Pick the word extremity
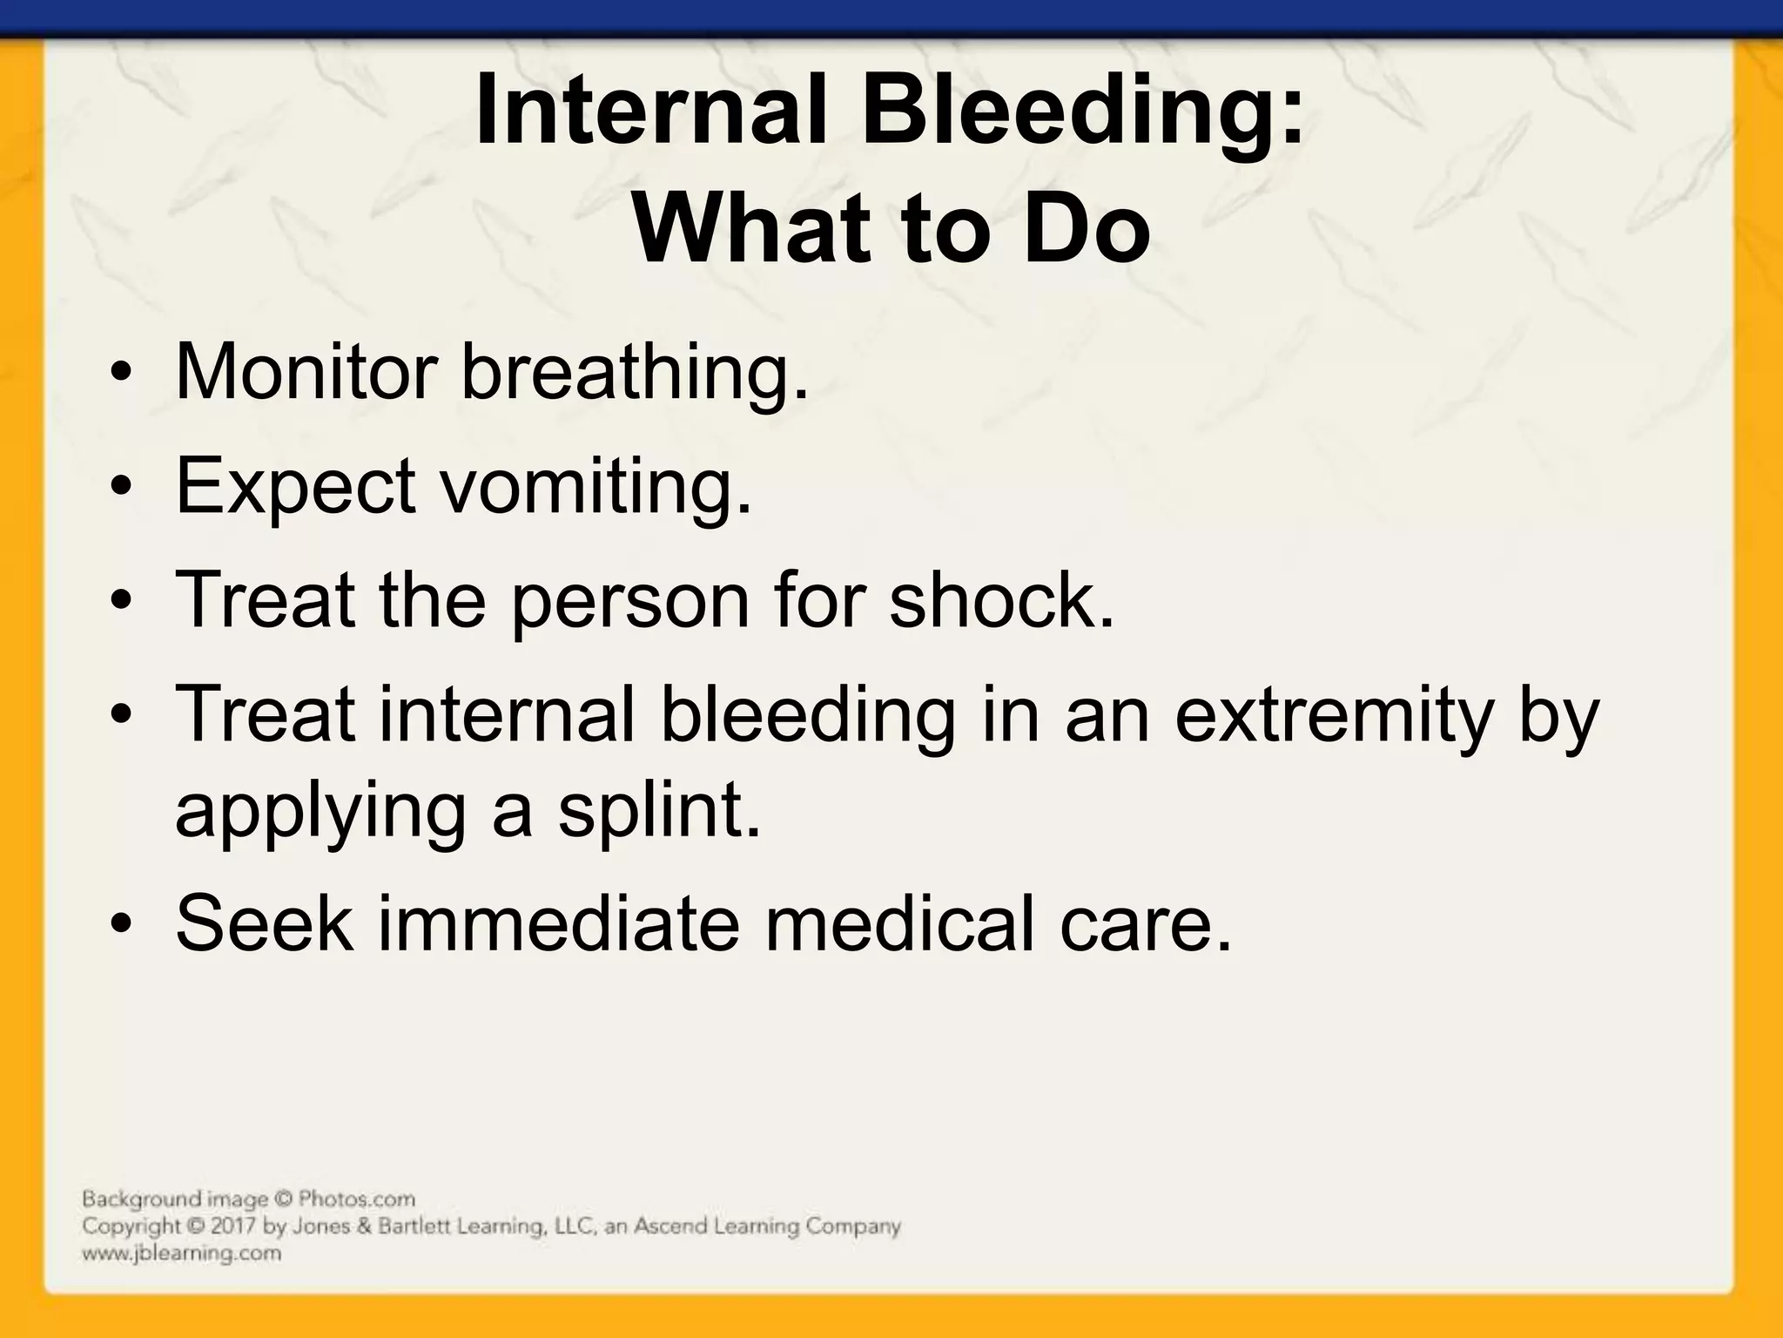pos(1332,718)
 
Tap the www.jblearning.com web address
pos(182,1254)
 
